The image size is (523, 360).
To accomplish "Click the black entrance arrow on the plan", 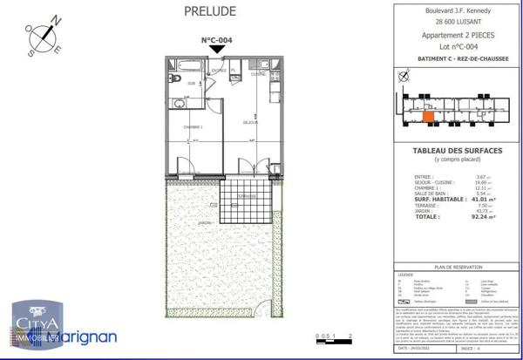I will (216, 51).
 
